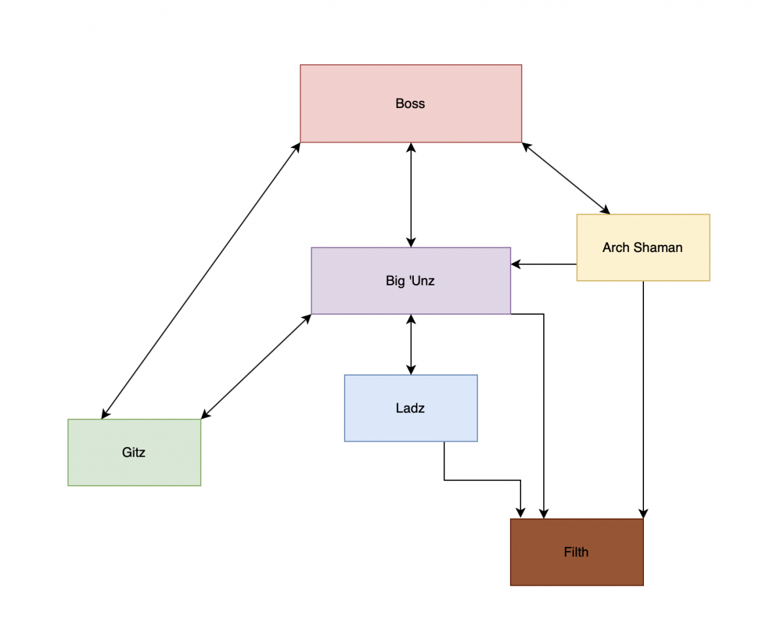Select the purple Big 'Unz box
(x=353, y=298)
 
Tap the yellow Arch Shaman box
(x=643, y=265)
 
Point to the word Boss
(x=410, y=103)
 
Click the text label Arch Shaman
(x=643, y=247)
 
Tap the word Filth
(x=576, y=552)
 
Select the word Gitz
(x=133, y=452)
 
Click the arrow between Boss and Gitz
(x=201, y=280)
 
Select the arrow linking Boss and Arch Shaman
(x=565, y=178)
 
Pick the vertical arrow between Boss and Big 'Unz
(x=411, y=194)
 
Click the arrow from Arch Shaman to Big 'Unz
(x=544, y=264)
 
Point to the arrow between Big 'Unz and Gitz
(x=256, y=366)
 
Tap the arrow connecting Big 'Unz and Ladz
(x=411, y=344)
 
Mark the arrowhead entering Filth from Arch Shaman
(x=643, y=514)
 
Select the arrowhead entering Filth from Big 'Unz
(x=544, y=514)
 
